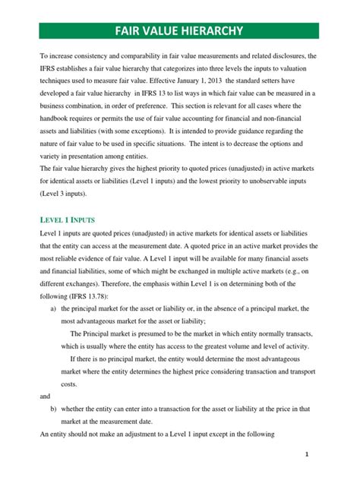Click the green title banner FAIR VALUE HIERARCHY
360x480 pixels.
[179, 31]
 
